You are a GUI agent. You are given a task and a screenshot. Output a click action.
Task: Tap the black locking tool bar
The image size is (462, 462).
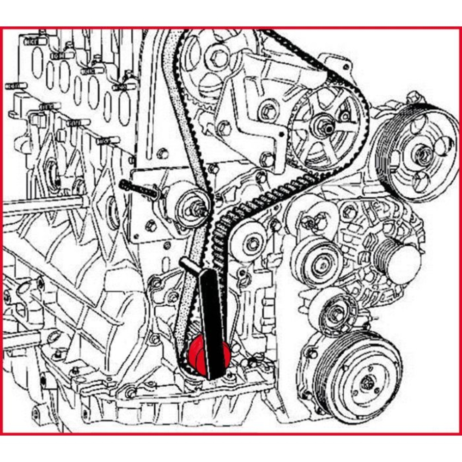(211, 319)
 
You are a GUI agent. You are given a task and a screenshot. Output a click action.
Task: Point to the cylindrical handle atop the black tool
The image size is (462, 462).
(189, 265)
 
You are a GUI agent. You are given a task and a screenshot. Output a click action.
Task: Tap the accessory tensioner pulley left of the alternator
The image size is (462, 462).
(318, 263)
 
